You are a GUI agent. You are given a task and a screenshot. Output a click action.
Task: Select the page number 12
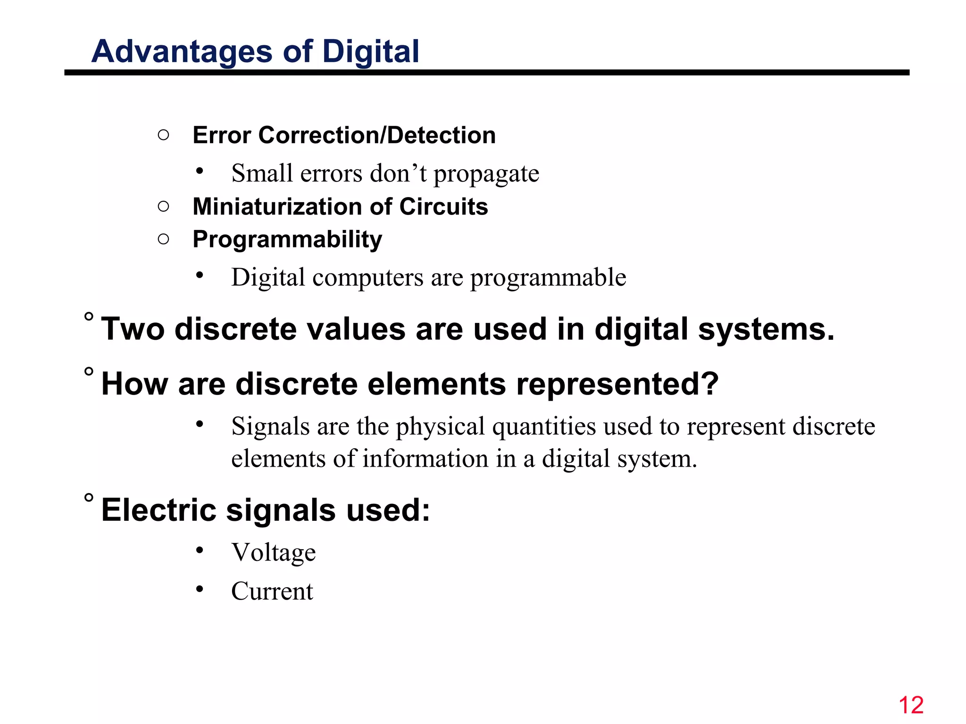[911, 705]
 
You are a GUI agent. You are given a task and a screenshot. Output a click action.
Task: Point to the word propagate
[486, 174]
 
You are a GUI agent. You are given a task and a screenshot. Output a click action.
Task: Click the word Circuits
[443, 206]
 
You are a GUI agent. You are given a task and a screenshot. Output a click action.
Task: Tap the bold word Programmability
[287, 239]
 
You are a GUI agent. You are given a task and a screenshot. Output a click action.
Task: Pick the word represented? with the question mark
[617, 384]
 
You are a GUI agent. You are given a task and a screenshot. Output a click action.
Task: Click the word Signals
[270, 427]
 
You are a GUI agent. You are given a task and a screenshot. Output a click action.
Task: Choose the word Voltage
[274, 552]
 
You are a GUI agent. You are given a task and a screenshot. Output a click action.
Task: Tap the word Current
[272, 591]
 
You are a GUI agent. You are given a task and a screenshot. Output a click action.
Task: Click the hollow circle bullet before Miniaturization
[163, 206]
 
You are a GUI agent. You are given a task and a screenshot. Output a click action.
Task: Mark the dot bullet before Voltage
[200, 550]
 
